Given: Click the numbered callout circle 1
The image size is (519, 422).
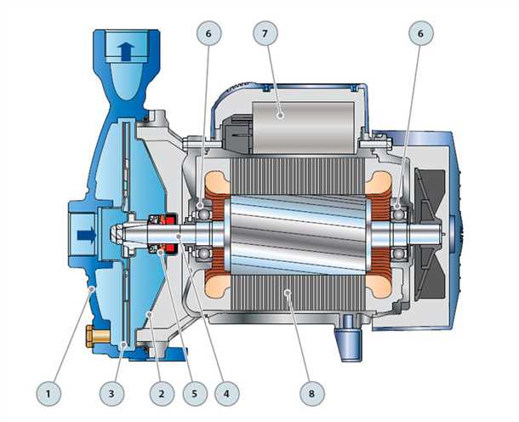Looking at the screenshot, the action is click(48, 394).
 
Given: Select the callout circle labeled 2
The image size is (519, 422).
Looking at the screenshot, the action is click(162, 394).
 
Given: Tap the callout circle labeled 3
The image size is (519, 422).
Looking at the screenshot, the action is click(111, 394).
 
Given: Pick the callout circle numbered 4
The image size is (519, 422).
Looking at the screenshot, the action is click(226, 394).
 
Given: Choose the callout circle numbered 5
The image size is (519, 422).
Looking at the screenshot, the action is click(195, 394).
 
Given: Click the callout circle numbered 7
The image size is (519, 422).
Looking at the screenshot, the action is click(265, 33).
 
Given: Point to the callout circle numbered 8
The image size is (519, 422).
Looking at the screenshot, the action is click(311, 394).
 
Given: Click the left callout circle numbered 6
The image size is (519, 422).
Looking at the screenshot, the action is click(208, 33).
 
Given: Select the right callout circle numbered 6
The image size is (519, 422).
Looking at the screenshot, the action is click(420, 33).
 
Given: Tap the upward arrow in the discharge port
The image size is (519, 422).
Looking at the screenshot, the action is click(126, 52).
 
